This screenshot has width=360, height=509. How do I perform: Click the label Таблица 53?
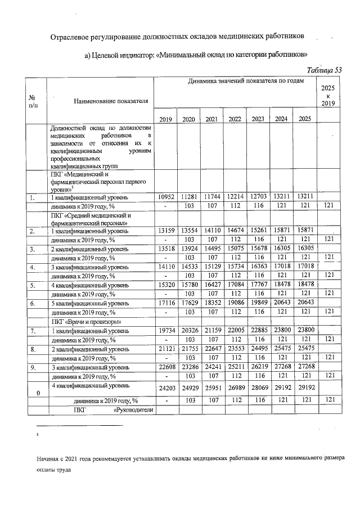click(323, 70)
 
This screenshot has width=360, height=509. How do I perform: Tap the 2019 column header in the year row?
click(165, 119)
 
